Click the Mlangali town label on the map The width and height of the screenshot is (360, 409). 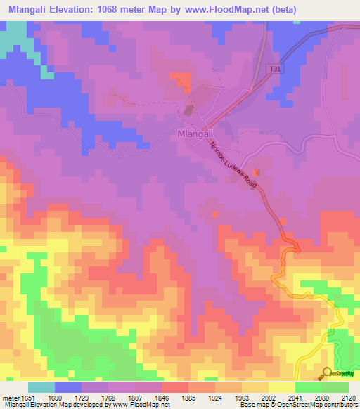point(196,134)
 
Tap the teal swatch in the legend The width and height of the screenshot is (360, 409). point(41,387)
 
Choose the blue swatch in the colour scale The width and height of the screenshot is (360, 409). point(68,387)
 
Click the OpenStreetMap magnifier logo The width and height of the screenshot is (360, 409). point(326,373)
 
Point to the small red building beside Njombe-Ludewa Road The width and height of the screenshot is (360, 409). point(256,172)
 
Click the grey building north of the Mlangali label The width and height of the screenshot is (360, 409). point(188,110)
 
